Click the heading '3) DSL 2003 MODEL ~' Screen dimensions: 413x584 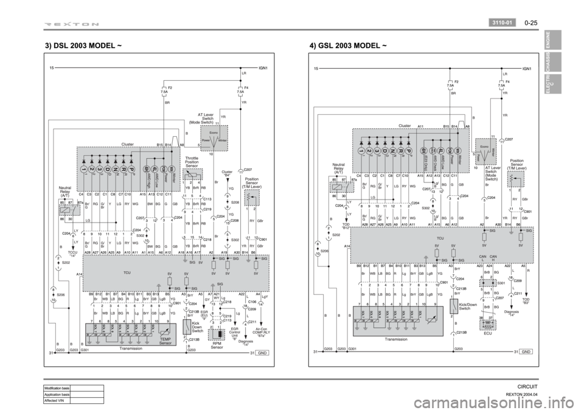point(86,45)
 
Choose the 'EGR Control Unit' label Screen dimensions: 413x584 point(234,333)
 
